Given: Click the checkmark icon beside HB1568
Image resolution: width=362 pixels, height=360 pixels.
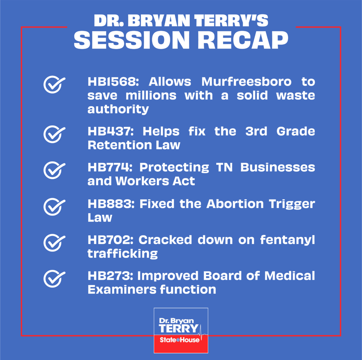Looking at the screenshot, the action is [x=54, y=85].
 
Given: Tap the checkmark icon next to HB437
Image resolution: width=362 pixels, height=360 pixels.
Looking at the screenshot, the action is [x=54, y=134].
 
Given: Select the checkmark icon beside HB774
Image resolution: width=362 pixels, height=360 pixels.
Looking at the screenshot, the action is [x=54, y=170].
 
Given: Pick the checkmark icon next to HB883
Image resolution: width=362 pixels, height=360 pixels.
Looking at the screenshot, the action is [x=54, y=207].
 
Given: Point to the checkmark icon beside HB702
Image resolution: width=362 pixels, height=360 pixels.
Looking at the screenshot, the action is [x=54, y=243].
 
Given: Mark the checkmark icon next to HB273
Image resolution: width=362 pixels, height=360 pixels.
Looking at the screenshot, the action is [x=54, y=279].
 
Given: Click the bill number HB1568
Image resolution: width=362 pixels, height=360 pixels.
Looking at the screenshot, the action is [x=113, y=82].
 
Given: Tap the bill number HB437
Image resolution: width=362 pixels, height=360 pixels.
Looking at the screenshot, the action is [x=111, y=131].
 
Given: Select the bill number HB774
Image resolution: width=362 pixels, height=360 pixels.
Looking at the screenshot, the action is [x=110, y=167].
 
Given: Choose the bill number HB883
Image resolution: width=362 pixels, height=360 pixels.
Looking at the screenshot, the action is [x=111, y=204].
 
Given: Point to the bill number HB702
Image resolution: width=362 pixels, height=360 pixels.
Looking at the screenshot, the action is [x=111, y=240].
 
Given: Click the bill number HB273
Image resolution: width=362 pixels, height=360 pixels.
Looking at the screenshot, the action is [x=110, y=276].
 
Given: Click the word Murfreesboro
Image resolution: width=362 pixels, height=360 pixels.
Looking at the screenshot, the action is [x=246, y=82].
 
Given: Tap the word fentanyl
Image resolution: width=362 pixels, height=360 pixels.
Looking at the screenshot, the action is [x=288, y=240].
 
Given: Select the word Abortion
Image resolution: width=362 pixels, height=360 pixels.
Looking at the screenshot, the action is [x=235, y=204].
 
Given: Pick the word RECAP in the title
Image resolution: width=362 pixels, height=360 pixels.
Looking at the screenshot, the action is [x=243, y=40].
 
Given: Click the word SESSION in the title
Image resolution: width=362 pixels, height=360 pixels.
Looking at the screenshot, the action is [x=132, y=40].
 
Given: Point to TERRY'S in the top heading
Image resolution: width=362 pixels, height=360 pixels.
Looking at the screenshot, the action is [x=231, y=21].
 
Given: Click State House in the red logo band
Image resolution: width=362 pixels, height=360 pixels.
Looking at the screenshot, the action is [x=180, y=340].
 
